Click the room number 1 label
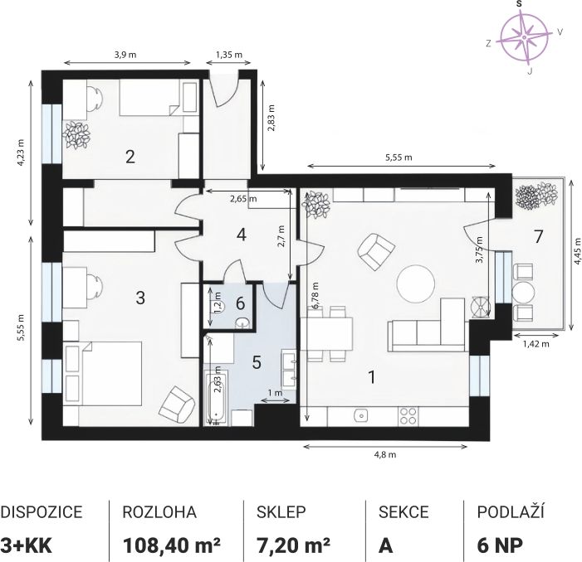(x=372, y=377)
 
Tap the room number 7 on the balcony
(x=538, y=236)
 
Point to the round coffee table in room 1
(x=415, y=284)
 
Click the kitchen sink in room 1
(x=360, y=415)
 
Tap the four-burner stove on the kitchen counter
(x=408, y=415)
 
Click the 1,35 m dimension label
(x=229, y=55)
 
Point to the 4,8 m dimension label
(x=385, y=454)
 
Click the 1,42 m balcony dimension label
(x=536, y=344)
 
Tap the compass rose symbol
(x=524, y=37)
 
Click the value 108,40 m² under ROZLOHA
(x=172, y=545)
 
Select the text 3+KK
(x=26, y=545)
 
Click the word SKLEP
(x=281, y=512)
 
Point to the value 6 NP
(x=500, y=545)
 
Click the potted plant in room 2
(x=77, y=135)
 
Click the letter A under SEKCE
(x=385, y=545)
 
